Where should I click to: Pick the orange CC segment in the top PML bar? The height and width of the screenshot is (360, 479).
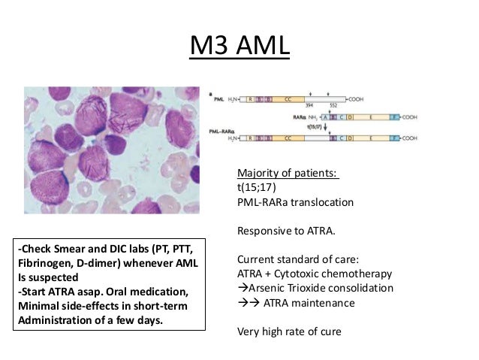tap(288, 98)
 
